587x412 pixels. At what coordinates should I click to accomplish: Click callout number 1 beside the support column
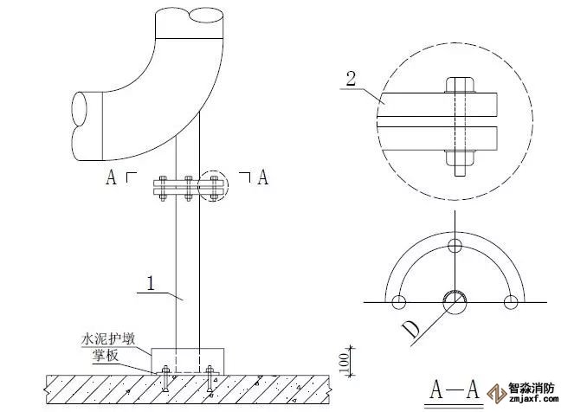[151, 283]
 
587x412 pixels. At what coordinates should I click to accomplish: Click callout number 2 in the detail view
[351, 79]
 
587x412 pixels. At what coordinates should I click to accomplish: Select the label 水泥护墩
[108, 339]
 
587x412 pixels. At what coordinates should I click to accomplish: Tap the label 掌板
[106, 355]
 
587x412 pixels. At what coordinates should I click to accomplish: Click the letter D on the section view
[411, 330]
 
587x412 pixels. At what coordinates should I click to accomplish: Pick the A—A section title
[455, 389]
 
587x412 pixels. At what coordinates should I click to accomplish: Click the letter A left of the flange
[111, 177]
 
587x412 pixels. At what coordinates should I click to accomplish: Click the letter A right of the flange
[263, 177]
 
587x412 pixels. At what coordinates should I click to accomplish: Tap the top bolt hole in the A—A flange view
[455, 246]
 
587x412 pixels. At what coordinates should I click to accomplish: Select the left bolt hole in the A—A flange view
[399, 301]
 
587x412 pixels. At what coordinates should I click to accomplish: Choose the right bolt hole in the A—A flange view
[511, 301]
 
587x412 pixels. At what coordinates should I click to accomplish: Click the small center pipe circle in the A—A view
[455, 301]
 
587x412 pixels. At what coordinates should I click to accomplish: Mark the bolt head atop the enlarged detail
[460, 85]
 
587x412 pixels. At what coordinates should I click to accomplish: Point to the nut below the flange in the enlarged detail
[460, 158]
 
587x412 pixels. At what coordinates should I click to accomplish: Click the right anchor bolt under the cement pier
[210, 378]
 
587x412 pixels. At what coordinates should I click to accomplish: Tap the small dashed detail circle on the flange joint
[213, 187]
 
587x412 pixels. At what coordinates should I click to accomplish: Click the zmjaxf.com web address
[534, 399]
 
